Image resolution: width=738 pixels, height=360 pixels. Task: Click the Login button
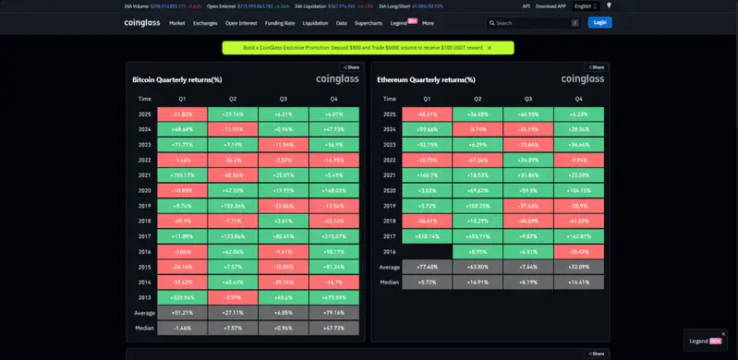[600, 22]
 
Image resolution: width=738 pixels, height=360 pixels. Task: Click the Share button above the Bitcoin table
[351, 67]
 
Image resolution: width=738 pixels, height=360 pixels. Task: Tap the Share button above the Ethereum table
[596, 67]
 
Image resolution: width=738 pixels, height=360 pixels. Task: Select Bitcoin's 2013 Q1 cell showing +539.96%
[182, 297]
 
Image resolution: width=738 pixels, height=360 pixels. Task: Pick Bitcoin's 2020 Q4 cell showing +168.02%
[334, 189]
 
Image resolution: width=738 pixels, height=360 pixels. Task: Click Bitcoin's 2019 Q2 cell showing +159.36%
[233, 205]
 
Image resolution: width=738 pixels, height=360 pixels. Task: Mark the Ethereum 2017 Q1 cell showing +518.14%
[427, 235]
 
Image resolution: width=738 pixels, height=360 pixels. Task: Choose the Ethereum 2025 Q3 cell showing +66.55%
[528, 114]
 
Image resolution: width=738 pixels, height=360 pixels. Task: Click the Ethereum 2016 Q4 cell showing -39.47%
[579, 250]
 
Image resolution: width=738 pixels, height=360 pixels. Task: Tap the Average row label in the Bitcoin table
[145, 312]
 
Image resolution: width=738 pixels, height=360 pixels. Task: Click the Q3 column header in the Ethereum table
[528, 98]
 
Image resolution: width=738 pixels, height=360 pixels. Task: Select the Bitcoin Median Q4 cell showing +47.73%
[334, 328]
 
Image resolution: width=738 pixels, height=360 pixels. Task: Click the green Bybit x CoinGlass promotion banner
[369, 48]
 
